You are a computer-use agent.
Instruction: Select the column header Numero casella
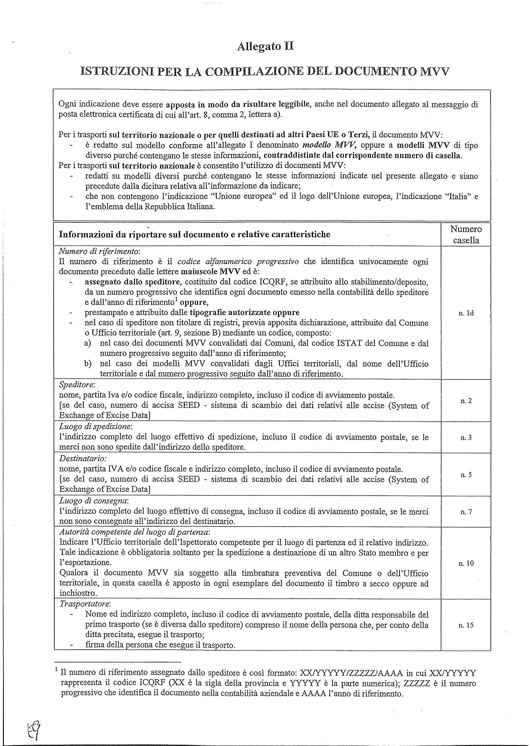click(466, 235)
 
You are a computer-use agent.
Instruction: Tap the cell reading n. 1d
click(466, 313)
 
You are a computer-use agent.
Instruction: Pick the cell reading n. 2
click(466, 401)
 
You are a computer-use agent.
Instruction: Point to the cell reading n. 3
click(466, 437)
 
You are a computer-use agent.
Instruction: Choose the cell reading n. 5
click(466, 475)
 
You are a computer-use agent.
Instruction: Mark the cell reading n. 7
click(466, 512)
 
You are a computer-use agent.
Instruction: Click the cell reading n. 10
click(466, 563)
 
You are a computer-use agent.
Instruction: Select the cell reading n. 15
click(466, 625)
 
